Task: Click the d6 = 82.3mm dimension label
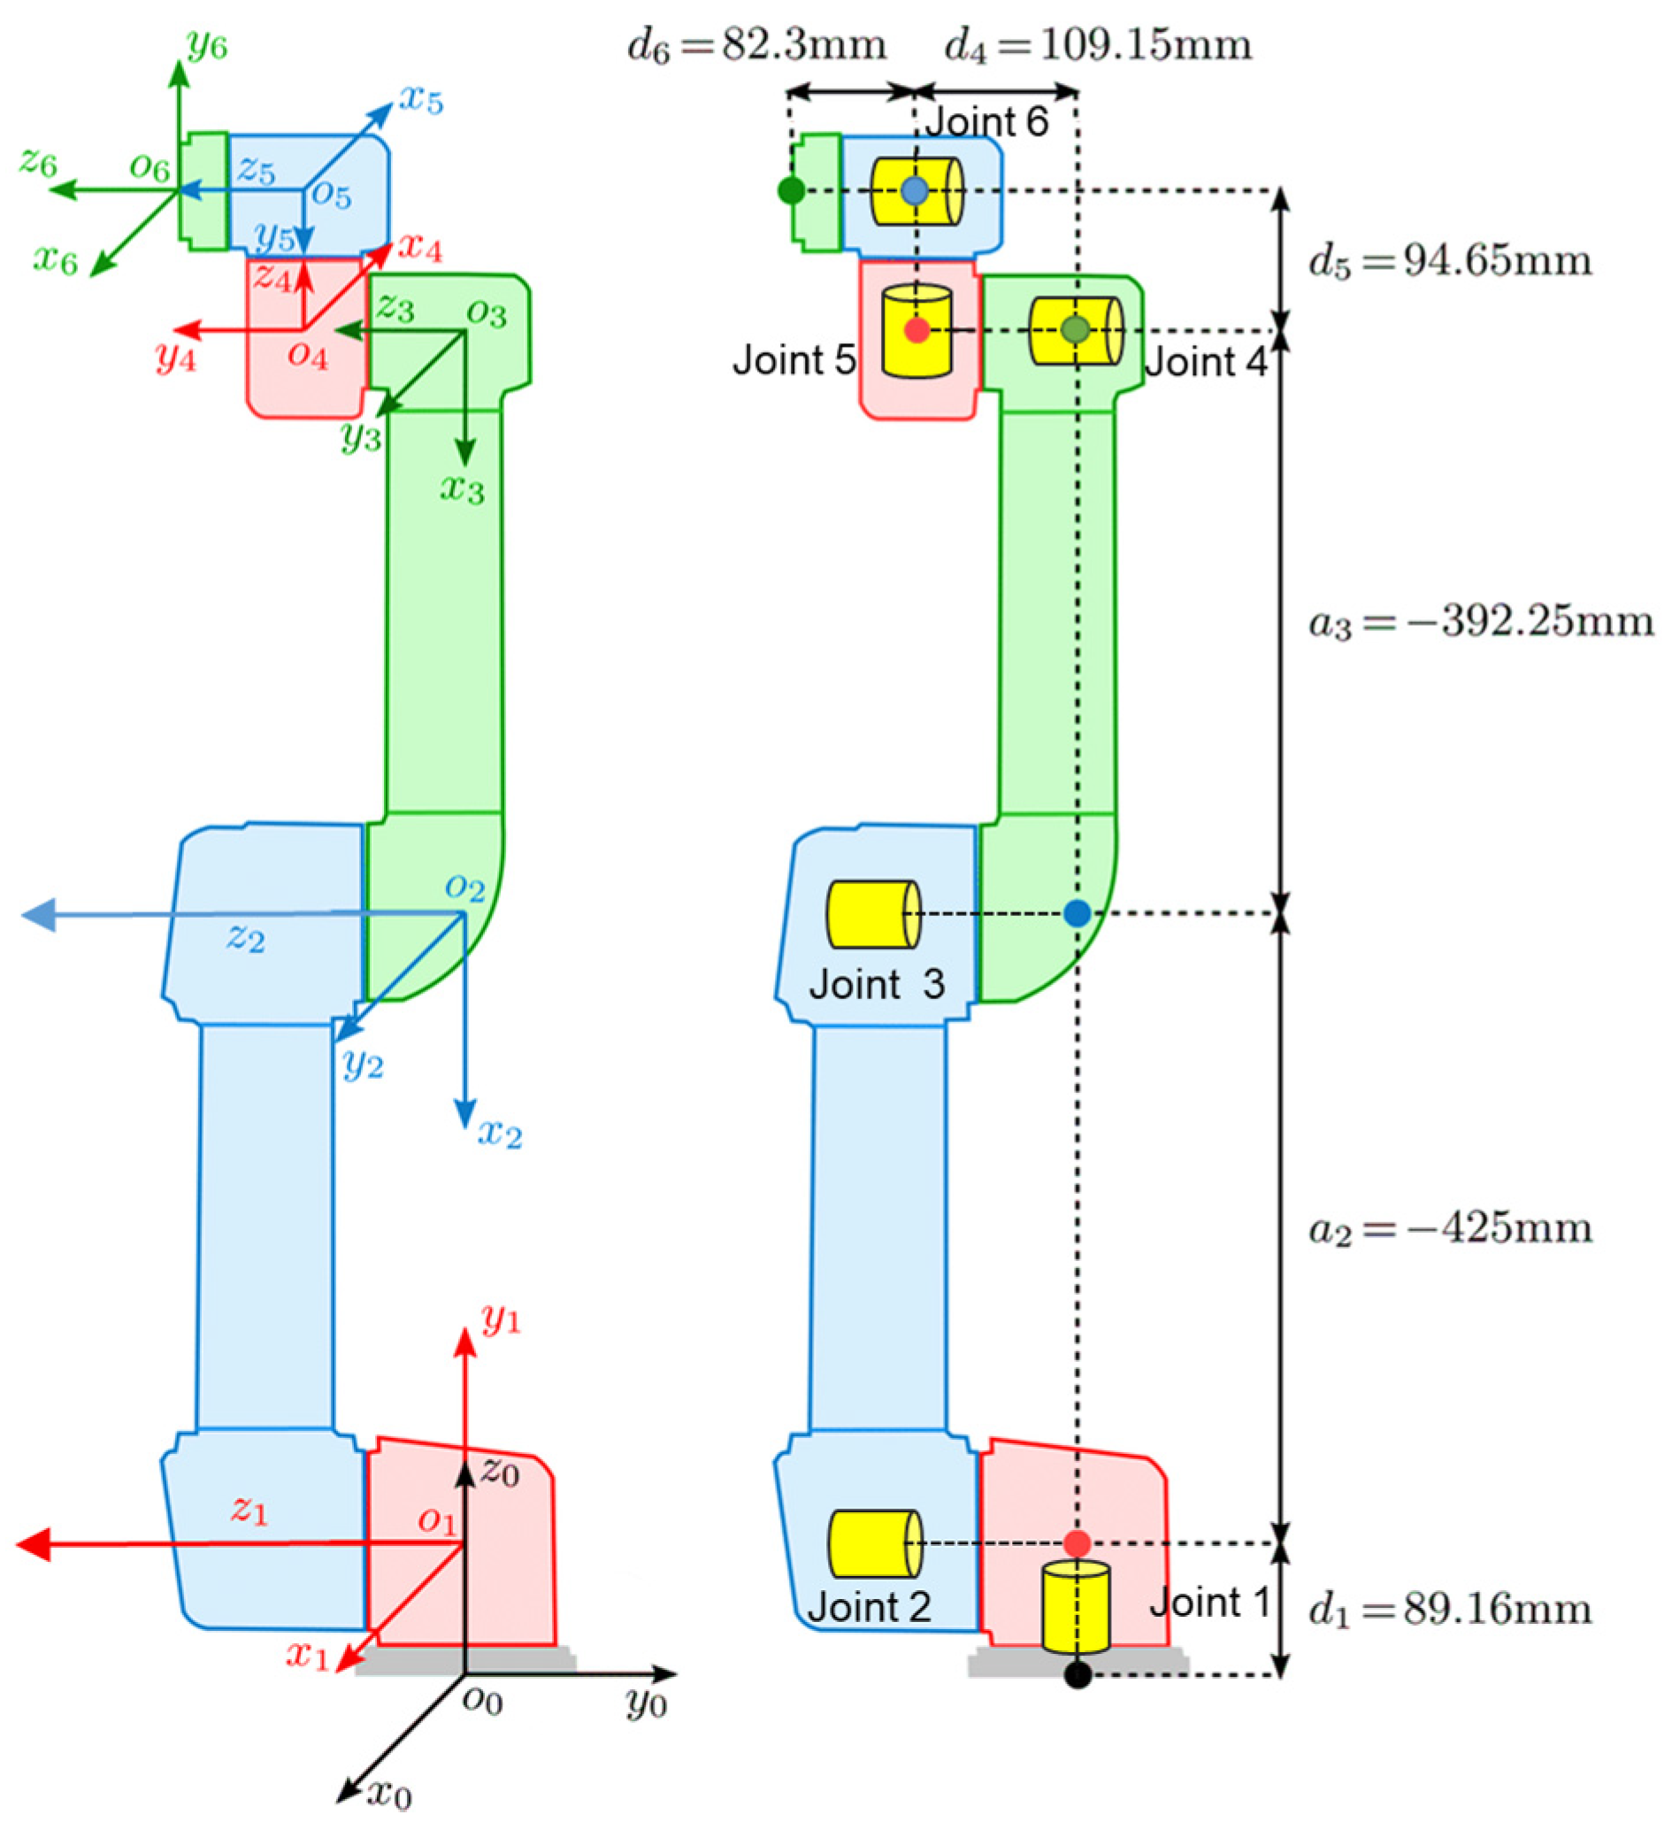(756, 45)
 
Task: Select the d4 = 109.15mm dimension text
(1098, 45)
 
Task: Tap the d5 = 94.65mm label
(1450, 261)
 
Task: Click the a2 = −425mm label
(1450, 1229)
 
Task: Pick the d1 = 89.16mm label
(1450, 1611)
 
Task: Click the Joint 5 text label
(794, 361)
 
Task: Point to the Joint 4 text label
(1205, 363)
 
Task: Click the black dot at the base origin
(1077, 1675)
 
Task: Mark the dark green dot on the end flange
(792, 190)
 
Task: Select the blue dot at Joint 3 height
(1077, 913)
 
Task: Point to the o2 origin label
(465, 887)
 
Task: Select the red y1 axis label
(501, 1318)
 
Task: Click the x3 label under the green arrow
(463, 489)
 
